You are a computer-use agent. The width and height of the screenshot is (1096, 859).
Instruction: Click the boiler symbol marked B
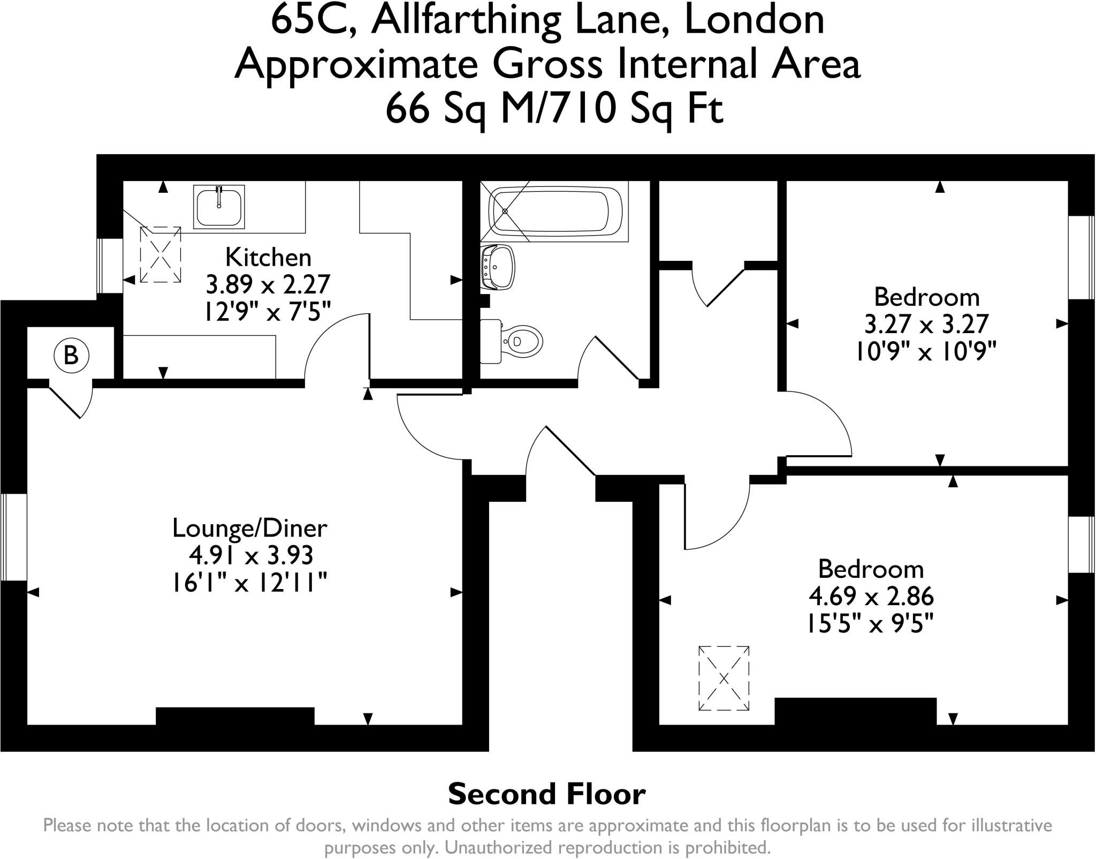[71, 355]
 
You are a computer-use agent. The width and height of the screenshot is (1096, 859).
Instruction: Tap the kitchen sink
[219, 207]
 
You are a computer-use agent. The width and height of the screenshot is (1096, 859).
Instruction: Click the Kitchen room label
[268, 258]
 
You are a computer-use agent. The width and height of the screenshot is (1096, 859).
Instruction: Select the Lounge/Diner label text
[249, 528]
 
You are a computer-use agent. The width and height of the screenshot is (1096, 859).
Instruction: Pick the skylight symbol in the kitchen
[161, 254]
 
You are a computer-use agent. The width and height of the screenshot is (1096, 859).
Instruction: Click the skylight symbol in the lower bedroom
[724, 678]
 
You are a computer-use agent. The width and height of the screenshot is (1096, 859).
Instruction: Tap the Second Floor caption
[546, 794]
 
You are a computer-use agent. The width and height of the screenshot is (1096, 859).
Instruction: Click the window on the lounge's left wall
[14, 537]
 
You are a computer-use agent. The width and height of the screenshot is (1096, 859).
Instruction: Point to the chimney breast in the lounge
[235, 717]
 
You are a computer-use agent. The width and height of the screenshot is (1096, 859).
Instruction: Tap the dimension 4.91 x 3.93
[250, 555]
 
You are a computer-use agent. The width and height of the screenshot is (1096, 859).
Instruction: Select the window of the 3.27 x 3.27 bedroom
[1080, 257]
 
